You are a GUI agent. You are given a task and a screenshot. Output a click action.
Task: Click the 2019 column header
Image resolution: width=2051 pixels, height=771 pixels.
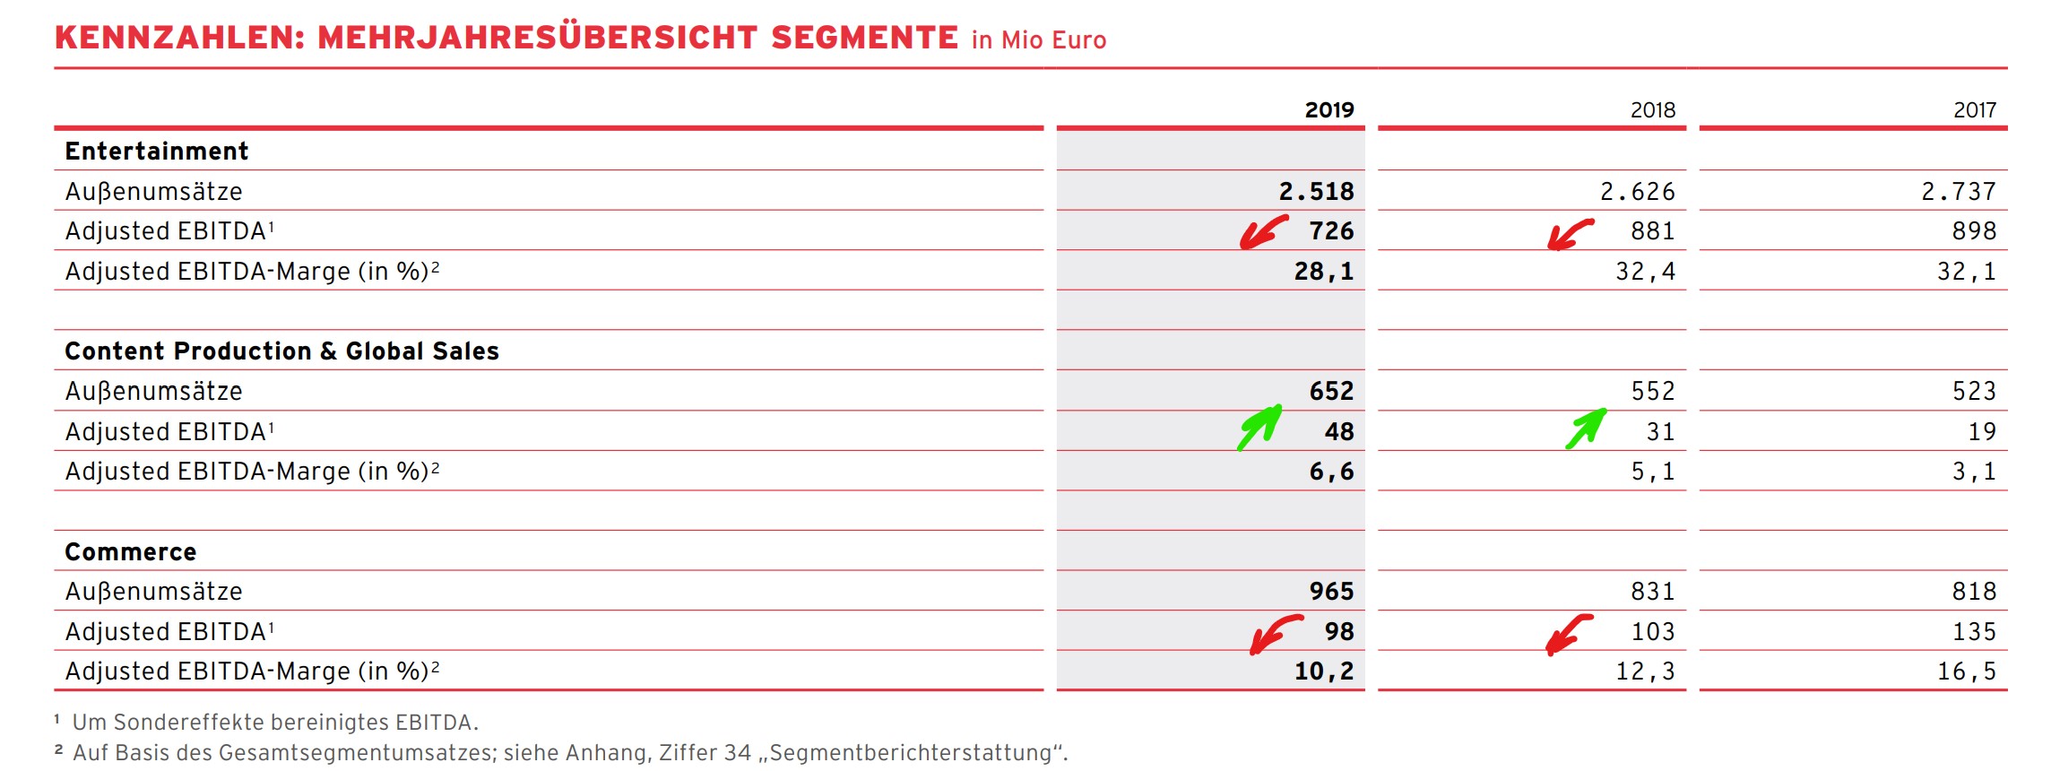pyautogui.click(x=1328, y=110)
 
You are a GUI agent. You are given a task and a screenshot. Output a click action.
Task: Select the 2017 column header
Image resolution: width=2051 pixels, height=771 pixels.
pyautogui.click(x=1974, y=110)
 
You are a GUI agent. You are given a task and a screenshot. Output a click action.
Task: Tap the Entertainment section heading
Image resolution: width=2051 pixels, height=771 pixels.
pyautogui.click(x=157, y=151)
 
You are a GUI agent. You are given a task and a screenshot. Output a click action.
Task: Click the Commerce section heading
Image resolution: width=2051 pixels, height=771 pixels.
pyautogui.click(x=131, y=551)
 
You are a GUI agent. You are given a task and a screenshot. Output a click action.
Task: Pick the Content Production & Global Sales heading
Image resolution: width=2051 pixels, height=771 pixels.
pyautogui.click(x=281, y=351)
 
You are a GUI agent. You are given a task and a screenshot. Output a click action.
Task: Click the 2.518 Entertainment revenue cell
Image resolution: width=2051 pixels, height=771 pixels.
pyautogui.click(x=1315, y=191)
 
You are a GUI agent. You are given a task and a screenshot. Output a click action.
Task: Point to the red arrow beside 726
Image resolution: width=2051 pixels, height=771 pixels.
pyautogui.click(x=1263, y=232)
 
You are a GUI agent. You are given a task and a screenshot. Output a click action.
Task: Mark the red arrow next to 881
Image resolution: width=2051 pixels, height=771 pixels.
pyautogui.click(x=1570, y=234)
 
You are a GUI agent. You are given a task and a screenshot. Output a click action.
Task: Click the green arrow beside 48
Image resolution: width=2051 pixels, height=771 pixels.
pyautogui.click(x=1259, y=427)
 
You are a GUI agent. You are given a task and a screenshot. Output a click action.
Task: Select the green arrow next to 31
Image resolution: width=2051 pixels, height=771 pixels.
pyautogui.click(x=1586, y=428)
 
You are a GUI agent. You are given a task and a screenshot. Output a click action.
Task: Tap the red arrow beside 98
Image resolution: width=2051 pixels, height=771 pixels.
pyautogui.click(x=1275, y=633)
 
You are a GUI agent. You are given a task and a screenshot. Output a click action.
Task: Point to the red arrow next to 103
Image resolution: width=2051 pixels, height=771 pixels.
pyautogui.click(x=1568, y=633)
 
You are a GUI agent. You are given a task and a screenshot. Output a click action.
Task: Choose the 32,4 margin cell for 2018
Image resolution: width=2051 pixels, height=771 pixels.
pyautogui.click(x=1645, y=271)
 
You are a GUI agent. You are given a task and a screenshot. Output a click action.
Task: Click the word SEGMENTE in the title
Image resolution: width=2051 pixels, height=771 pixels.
pyautogui.click(x=864, y=38)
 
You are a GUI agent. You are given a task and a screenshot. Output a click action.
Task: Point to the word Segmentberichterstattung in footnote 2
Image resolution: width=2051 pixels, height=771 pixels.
pyautogui.click(x=910, y=752)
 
